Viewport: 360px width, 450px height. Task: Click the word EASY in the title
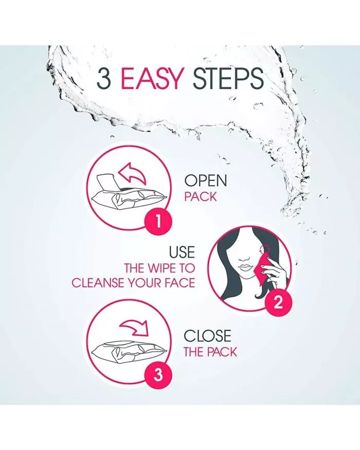pyautogui.click(x=152, y=78)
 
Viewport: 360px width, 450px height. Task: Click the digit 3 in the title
pyautogui.click(x=104, y=78)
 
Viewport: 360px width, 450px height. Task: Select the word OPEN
pyautogui.click(x=206, y=181)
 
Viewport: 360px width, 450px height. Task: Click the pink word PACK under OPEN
pyautogui.click(x=201, y=197)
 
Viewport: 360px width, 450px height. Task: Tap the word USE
pyautogui.click(x=182, y=252)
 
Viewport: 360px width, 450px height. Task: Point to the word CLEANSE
pyautogui.click(x=102, y=283)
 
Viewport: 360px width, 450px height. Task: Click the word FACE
pyautogui.click(x=179, y=283)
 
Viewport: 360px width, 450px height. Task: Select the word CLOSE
pyautogui.click(x=207, y=336)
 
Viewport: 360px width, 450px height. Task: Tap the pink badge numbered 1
pyautogui.click(x=158, y=222)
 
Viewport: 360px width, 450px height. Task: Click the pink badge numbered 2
pyautogui.click(x=278, y=302)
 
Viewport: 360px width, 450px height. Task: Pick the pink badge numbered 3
pyautogui.click(x=158, y=375)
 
